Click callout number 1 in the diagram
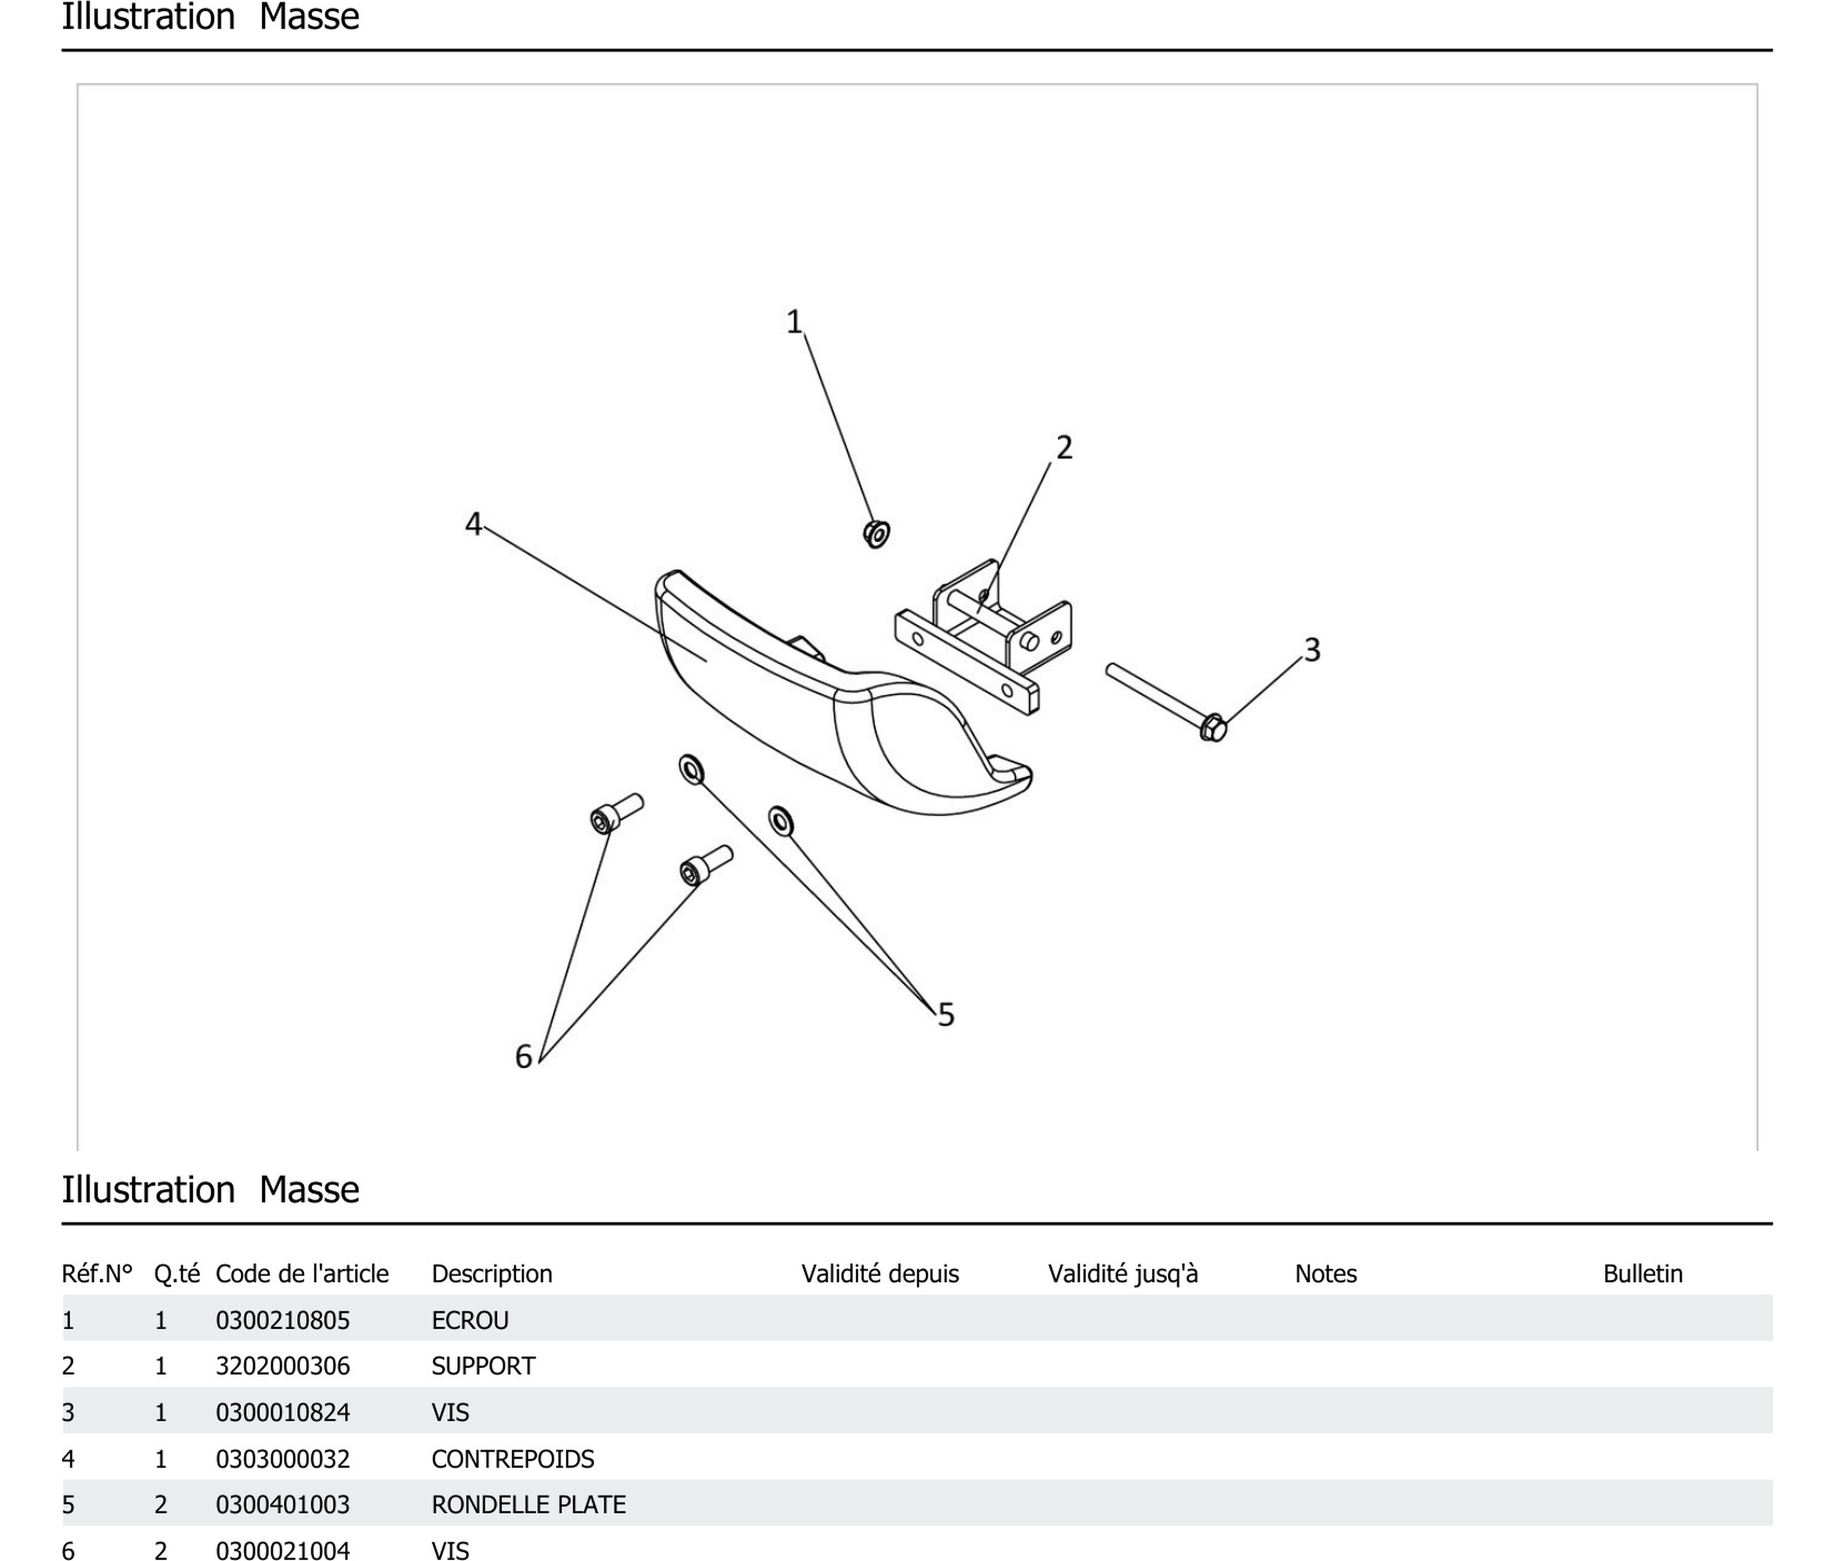click(794, 321)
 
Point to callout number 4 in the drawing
click(473, 524)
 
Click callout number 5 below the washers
click(946, 1015)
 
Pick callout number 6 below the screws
click(523, 1056)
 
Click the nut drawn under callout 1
click(876, 533)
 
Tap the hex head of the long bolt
click(1213, 727)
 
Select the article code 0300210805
click(282, 1320)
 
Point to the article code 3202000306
click(282, 1366)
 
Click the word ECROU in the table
click(470, 1320)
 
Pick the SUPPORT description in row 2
click(483, 1366)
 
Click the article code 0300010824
click(282, 1412)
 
